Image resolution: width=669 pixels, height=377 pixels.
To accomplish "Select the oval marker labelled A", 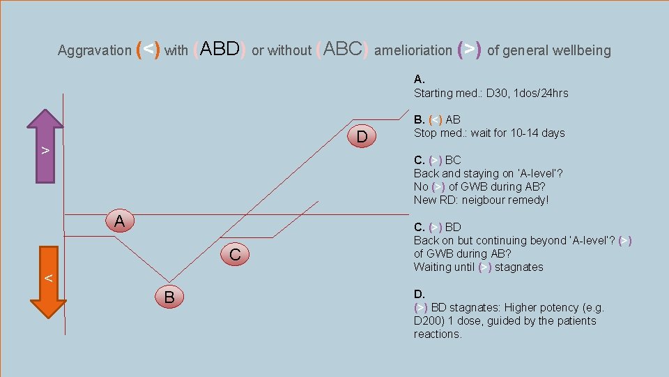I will (120, 221).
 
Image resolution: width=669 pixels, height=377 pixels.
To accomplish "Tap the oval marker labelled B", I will (169, 297).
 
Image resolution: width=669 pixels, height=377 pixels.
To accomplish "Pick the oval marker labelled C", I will (235, 254).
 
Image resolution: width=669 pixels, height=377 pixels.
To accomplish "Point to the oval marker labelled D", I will (361, 135).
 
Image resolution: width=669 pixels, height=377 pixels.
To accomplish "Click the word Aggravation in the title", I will (94, 50).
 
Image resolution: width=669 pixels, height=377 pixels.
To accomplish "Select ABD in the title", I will (219, 49).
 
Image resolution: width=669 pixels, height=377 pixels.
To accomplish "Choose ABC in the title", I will (341, 49).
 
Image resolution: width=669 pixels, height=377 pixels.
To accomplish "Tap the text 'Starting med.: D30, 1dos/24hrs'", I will (491, 93).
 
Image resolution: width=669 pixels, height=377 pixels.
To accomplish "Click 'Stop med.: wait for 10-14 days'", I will (489, 133).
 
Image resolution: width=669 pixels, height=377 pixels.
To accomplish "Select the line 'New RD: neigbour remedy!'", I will (481, 200).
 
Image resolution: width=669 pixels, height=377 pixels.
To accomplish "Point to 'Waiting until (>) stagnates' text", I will (478, 267).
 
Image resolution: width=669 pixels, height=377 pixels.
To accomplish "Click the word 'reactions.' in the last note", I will (438, 334).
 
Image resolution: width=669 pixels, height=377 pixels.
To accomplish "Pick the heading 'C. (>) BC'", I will (437, 160).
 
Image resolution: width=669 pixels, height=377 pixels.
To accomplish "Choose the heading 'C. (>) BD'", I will (437, 227).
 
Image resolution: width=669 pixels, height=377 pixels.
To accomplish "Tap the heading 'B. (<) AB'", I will (437, 119).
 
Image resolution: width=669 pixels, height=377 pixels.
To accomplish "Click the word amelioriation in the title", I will (413, 50).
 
